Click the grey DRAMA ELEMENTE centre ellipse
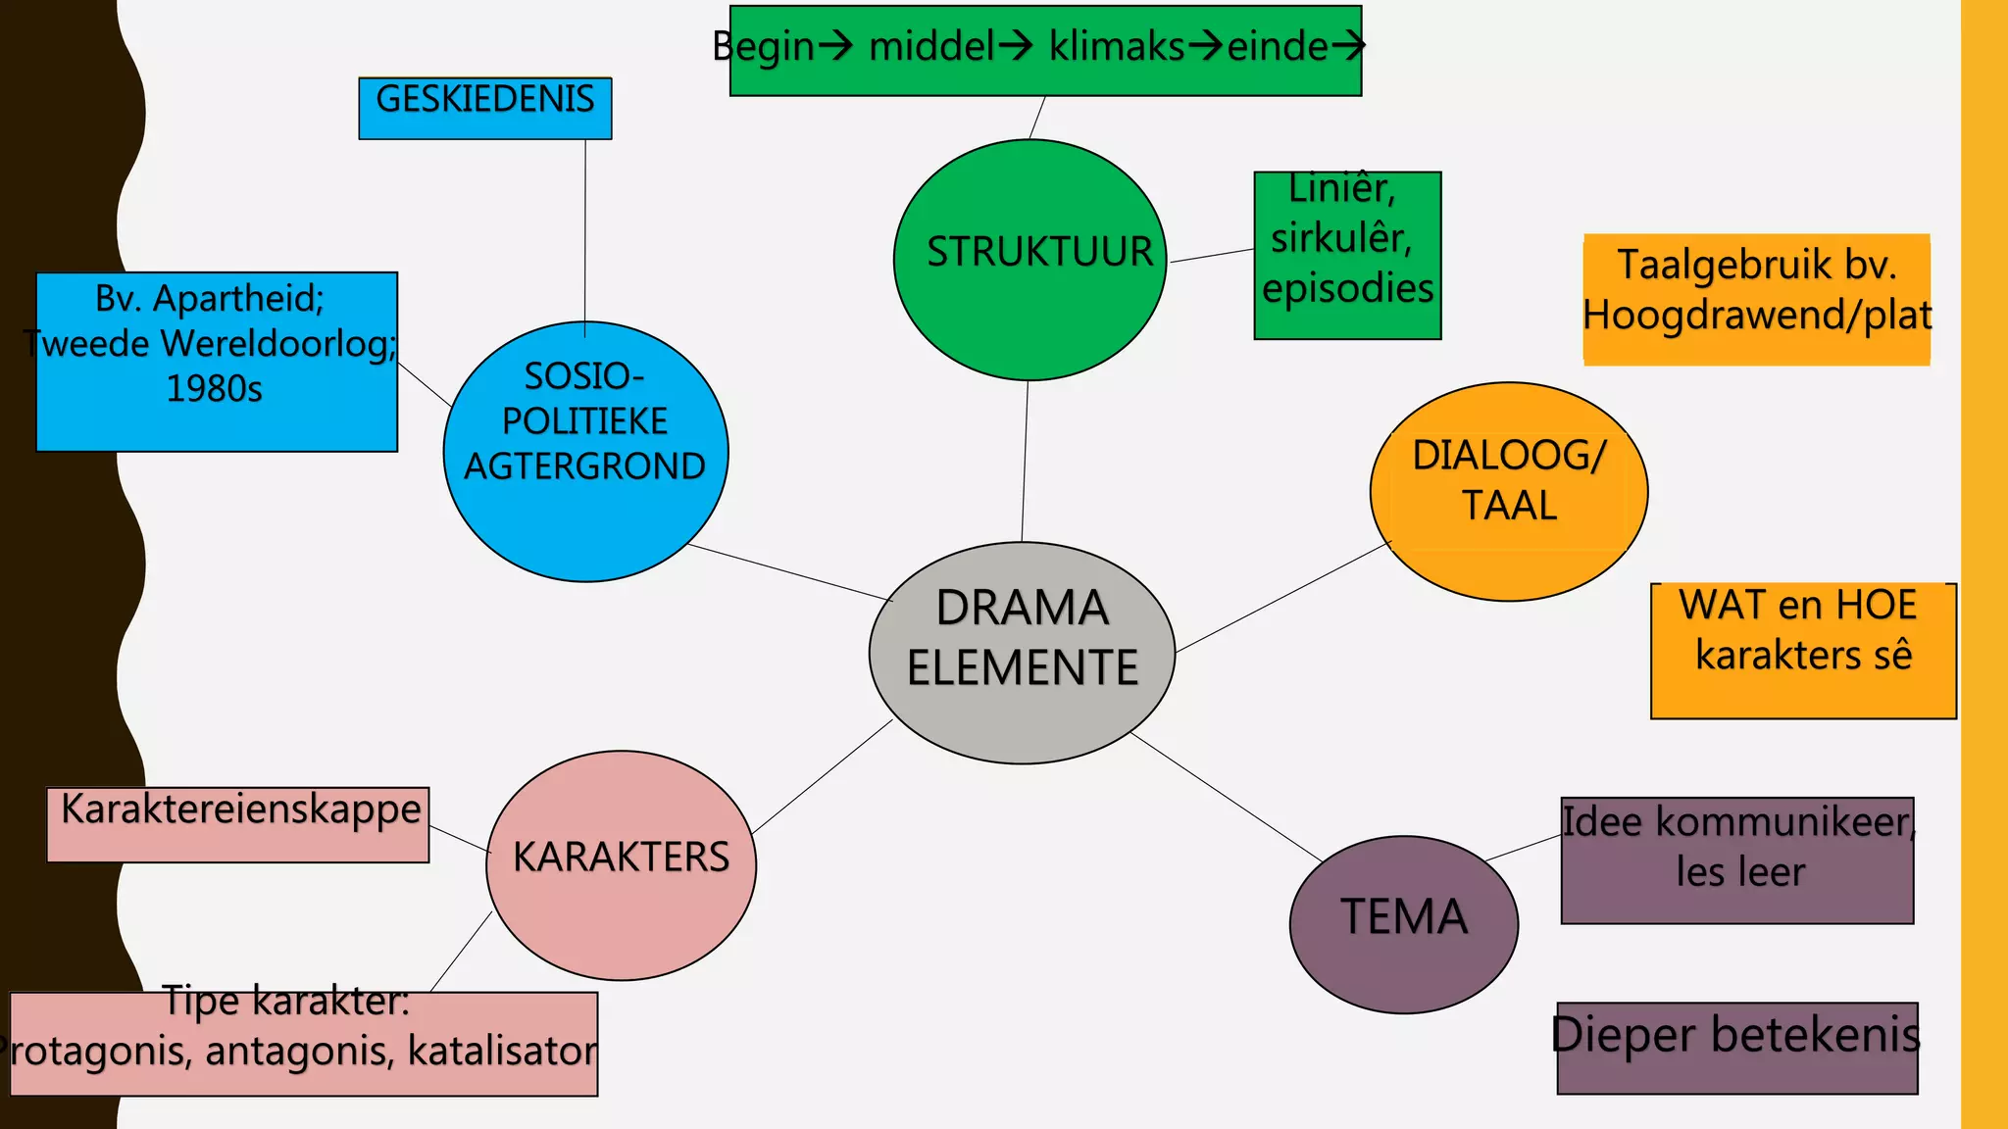1022,652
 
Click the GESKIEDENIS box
485,108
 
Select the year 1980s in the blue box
214,389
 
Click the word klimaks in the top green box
1116,46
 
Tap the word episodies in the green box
1347,288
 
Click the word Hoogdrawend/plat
1756,316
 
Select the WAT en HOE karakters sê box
1802,651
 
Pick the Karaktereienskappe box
238,824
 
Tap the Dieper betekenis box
1736,1047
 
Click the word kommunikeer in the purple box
1782,821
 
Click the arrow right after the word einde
1351,46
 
